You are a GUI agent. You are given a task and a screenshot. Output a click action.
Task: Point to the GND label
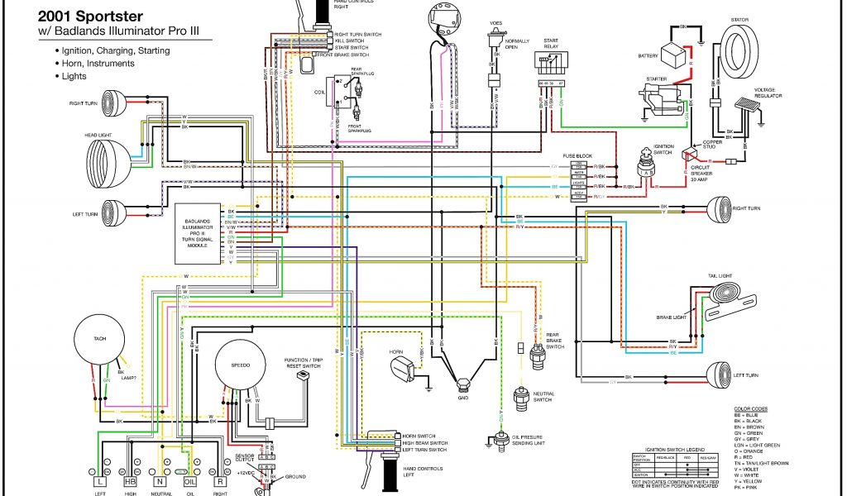click(462, 397)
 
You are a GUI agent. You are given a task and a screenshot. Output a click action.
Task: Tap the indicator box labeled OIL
click(189, 481)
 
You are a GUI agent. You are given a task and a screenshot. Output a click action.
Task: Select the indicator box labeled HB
click(130, 481)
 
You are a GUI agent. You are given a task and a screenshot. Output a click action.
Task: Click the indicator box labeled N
click(160, 481)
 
